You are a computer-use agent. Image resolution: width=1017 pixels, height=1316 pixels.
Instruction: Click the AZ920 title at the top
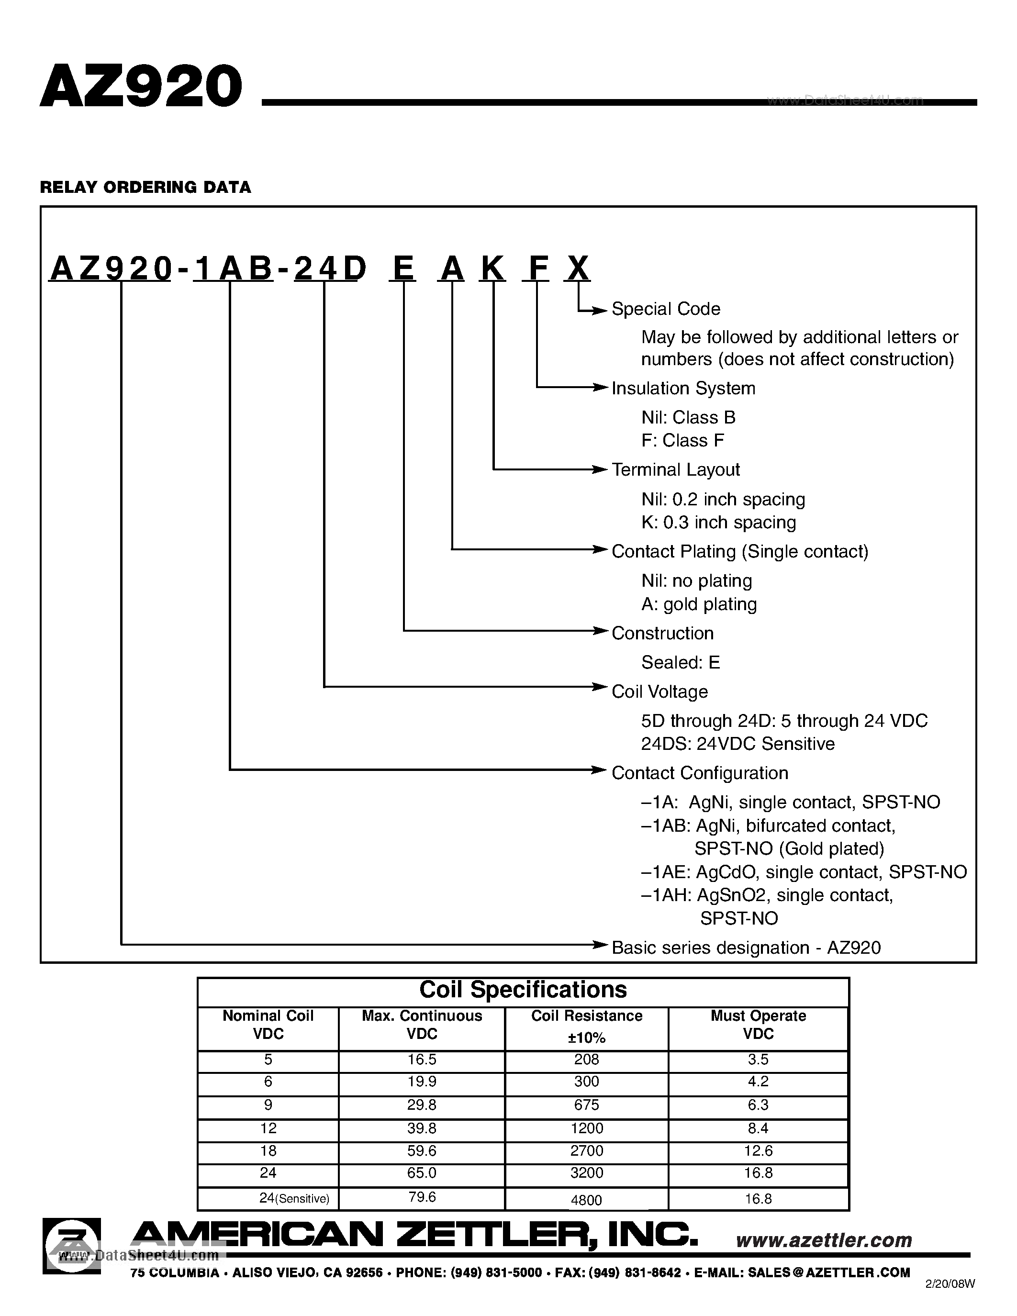(x=141, y=87)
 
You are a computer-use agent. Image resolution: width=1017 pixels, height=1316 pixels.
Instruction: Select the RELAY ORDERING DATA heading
(x=145, y=188)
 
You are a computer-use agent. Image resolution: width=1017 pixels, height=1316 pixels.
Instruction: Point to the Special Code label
(x=666, y=309)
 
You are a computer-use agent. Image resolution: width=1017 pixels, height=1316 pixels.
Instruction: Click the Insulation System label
(x=683, y=389)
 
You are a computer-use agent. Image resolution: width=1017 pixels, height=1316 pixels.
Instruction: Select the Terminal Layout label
(x=675, y=470)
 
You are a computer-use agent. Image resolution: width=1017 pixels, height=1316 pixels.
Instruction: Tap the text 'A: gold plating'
(x=699, y=604)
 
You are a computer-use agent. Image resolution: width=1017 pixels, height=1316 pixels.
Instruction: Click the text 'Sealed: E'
(x=680, y=663)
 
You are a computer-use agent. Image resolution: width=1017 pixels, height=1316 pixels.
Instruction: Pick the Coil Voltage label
(x=659, y=692)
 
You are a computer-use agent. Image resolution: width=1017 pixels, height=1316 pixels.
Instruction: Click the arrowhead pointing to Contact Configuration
(x=598, y=770)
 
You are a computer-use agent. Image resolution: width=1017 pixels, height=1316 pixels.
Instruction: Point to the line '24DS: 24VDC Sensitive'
(x=738, y=744)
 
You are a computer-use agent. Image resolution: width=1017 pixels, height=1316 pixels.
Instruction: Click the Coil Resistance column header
(x=586, y=1026)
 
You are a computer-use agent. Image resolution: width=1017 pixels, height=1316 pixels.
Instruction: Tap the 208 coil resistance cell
(x=586, y=1060)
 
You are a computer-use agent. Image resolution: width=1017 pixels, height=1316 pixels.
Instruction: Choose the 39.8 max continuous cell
(x=421, y=1128)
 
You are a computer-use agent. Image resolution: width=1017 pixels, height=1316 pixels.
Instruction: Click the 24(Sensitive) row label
(x=293, y=1198)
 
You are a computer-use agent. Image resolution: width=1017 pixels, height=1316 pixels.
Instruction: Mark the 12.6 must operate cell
(x=758, y=1151)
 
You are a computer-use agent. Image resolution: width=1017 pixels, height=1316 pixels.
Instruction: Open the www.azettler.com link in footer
(x=824, y=1240)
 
